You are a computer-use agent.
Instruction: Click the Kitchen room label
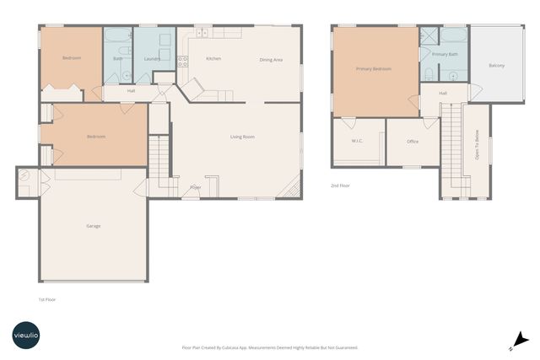coord(213,59)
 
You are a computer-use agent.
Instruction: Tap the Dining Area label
coord(271,60)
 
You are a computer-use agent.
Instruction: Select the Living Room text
coord(243,136)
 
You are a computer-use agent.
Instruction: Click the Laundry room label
coord(152,59)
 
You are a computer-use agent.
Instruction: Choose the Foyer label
coord(196,187)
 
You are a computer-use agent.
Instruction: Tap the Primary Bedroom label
coord(373,69)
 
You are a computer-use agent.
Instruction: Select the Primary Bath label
coord(444,54)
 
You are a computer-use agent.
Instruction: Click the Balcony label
coord(497,66)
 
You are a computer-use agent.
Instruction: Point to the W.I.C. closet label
coord(358,141)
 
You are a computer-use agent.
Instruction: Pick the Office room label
coord(413,142)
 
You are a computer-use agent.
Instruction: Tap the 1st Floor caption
coord(47,299)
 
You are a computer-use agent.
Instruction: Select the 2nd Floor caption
coord(340,185)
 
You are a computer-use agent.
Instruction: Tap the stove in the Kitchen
coord(182,61)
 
